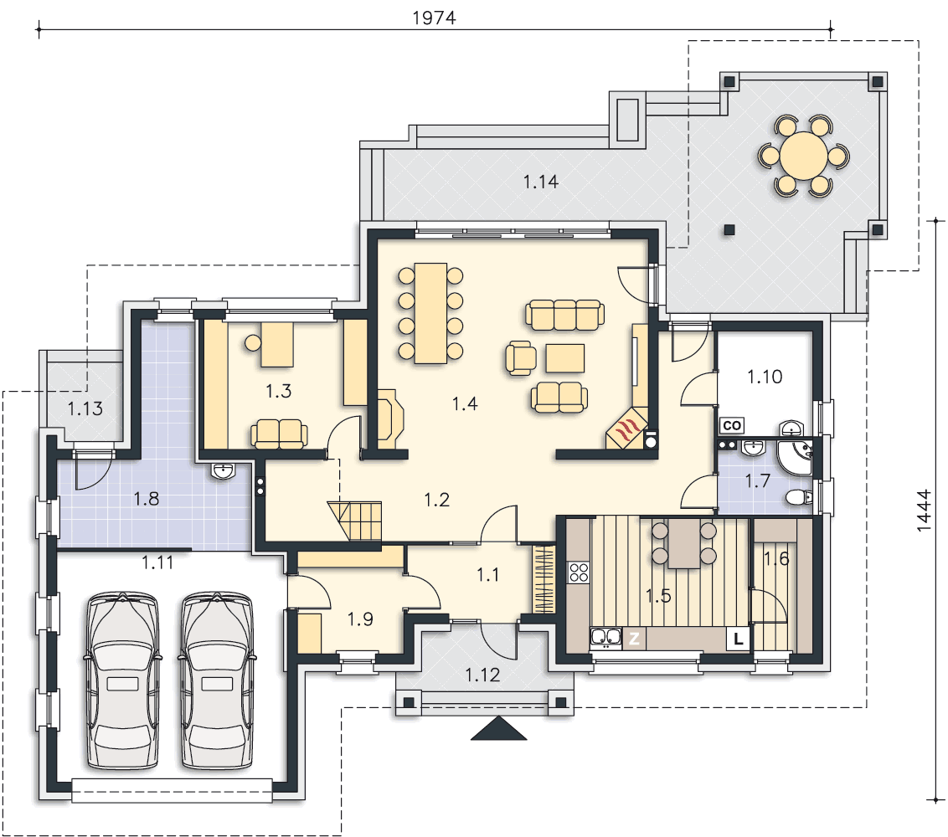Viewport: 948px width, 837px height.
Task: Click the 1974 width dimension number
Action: (434, 18)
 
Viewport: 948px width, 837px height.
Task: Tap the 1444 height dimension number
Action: (924, 511)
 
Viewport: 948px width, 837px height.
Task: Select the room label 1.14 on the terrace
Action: (540, 182)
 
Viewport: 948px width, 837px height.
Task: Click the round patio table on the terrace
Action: (803, 156)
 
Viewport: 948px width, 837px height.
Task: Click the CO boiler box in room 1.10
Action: (732, 425)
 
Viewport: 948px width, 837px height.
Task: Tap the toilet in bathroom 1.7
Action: (799, 497)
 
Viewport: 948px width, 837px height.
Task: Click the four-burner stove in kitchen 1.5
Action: (579, 573)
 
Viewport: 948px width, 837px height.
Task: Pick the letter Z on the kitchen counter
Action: (634, 638)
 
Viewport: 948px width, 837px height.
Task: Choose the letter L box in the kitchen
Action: (738, 638)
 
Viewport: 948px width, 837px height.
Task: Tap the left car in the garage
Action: (123, 681)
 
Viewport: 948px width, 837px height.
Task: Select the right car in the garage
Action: (217, 681)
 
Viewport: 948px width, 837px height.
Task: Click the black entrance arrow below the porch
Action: (499, 728)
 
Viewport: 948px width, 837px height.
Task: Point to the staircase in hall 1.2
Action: (355, 521)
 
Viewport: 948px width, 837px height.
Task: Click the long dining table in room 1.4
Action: (430, 313)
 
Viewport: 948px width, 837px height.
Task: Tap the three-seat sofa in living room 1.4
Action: (564, 315)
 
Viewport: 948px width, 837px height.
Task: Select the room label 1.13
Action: (85, 408)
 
